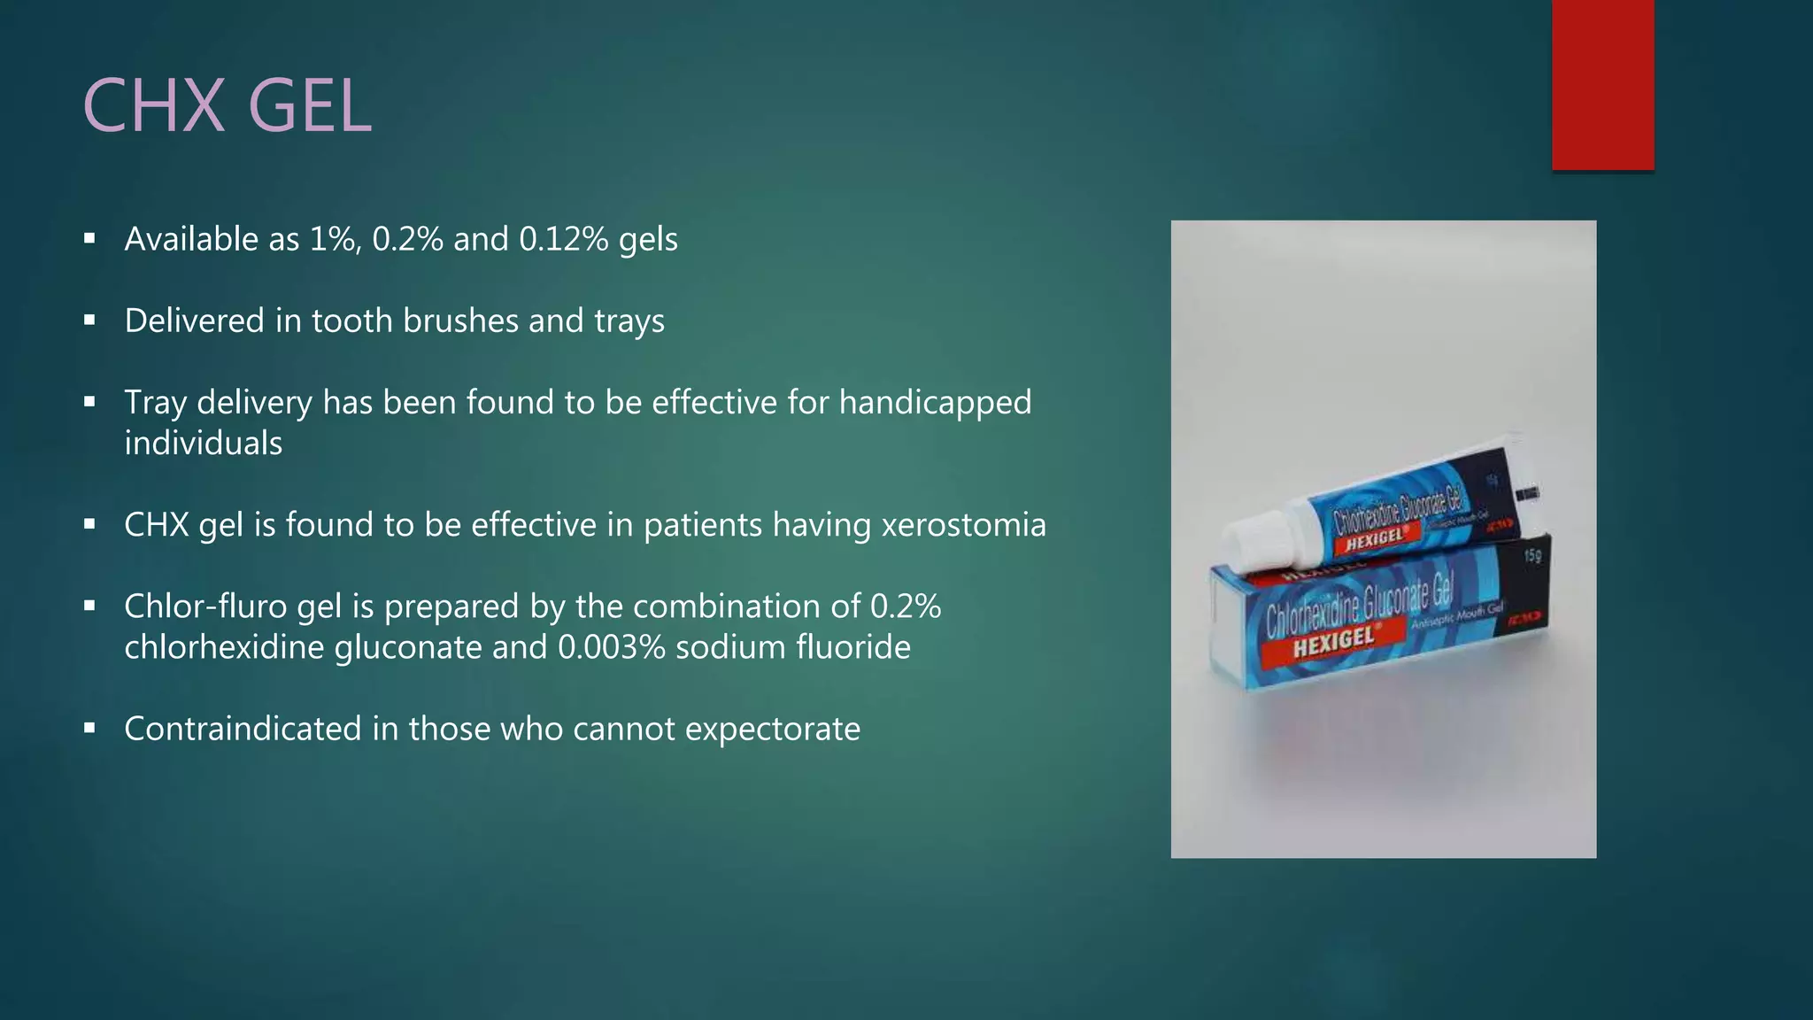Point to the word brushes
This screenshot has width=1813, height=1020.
[x=460, y=321]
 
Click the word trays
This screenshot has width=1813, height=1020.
[x=629, y=321]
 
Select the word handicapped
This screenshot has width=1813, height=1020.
[x=935, y=403]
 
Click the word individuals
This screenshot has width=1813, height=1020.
[x=203, y=444]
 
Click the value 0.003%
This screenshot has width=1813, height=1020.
[x=611, y=647]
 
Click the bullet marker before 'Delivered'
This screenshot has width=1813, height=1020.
[x=89, y=321]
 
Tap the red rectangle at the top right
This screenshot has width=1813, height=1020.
[x=1602, y=85]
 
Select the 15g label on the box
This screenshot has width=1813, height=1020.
[x=1532, y=556]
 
